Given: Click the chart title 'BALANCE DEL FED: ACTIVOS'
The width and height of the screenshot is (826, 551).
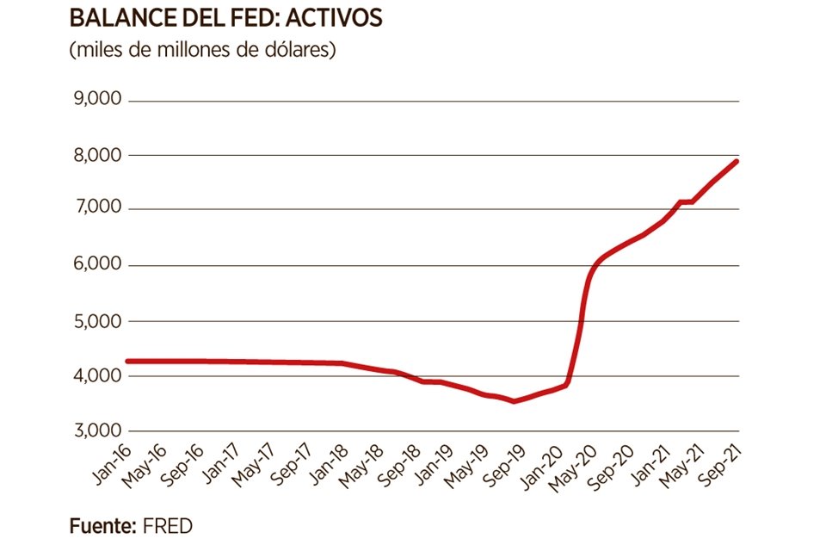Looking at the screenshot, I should click(x=225, y=18).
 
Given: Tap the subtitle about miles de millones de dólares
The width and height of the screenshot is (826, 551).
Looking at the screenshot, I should click(x=202, y=50).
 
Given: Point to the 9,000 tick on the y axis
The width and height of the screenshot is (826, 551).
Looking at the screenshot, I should click(x=98, y=101).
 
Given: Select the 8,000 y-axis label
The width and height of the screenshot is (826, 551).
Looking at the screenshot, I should click(x=98, y=156).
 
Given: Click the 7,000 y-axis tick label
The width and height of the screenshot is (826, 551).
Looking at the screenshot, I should click(x=98, y=210).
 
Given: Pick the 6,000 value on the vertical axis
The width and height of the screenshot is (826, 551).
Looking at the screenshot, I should click(x=98, y=265).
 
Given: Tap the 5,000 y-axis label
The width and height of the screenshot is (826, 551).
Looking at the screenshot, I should click(x=98, y=320).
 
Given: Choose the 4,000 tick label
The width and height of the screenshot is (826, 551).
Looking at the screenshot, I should click(x=98, y=375).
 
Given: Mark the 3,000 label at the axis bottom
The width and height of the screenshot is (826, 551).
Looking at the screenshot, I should click(x=98, y=430).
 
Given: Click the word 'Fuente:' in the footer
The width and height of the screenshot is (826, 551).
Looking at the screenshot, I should click(x=100, y=525).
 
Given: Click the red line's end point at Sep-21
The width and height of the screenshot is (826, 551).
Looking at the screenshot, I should click(x=737, y=161).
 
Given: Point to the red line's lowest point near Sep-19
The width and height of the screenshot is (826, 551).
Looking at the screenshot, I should click(x=514, y=401).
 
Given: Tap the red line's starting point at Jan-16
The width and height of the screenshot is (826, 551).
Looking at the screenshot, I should click(x=128, y=361).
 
